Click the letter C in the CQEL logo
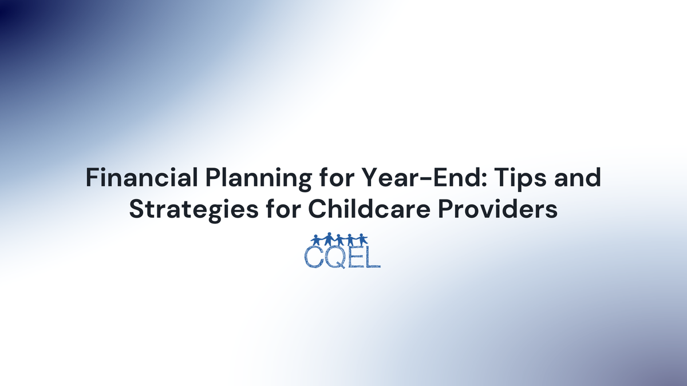pyautogui.click(x=313, y=257)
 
